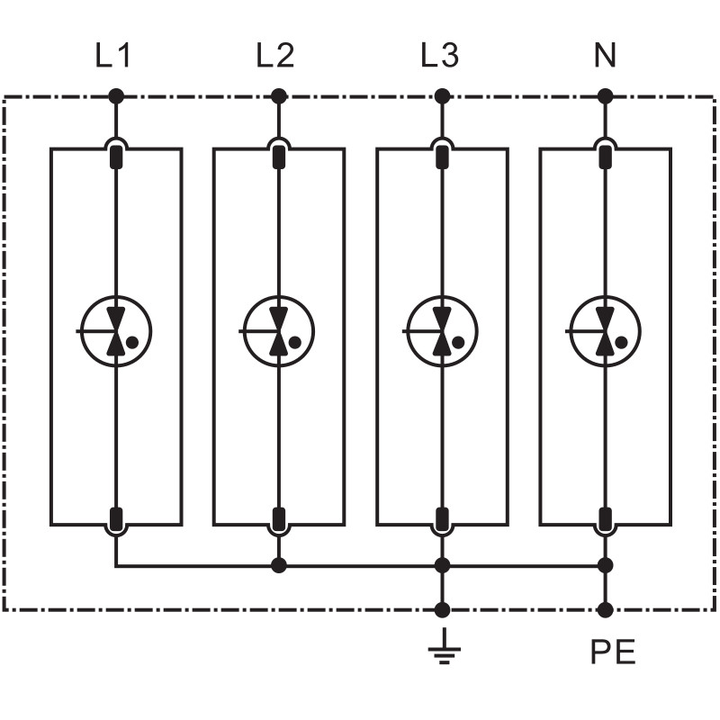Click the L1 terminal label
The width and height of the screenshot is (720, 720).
[113, 56]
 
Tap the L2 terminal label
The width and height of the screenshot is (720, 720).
[274, 56]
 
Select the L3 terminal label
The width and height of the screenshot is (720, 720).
[439, 56]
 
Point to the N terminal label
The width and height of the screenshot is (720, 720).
[605, 56]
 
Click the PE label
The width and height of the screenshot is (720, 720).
[613, 652]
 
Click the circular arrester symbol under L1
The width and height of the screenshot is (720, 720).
[115, 331]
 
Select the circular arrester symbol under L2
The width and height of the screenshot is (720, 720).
[279, 331]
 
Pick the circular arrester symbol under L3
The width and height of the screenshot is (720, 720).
[442, 331]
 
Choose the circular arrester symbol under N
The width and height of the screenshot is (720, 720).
[606, 331]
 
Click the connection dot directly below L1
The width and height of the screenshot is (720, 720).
[115, 95]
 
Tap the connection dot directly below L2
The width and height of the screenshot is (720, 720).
[279, 95]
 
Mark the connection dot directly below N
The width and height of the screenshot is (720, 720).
[606, 95]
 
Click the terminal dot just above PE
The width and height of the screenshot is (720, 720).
[606, 610]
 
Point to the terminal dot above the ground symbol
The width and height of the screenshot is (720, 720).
[442, 610]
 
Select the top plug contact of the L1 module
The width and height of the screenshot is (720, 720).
[115, 157]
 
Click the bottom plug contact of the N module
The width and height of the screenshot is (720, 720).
[606, 518]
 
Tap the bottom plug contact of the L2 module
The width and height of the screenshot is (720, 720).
[279, 518]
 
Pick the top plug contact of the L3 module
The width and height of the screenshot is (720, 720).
[442, 157]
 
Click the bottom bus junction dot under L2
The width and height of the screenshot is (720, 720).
[279, 565]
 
